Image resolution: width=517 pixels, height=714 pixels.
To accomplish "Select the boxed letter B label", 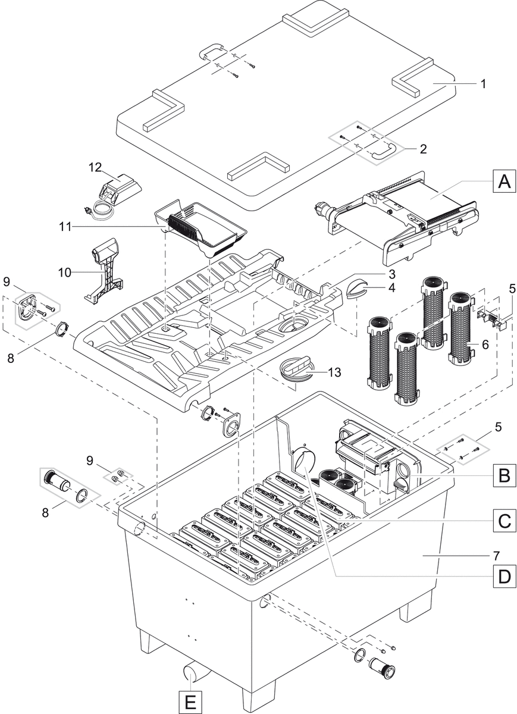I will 504,476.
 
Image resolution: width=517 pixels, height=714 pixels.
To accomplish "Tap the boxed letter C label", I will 504,522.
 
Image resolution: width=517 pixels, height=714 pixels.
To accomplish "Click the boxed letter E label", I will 190,702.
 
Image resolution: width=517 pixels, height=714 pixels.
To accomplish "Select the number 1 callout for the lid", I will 483,84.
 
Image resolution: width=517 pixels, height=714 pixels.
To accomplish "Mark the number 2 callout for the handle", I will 423,149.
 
